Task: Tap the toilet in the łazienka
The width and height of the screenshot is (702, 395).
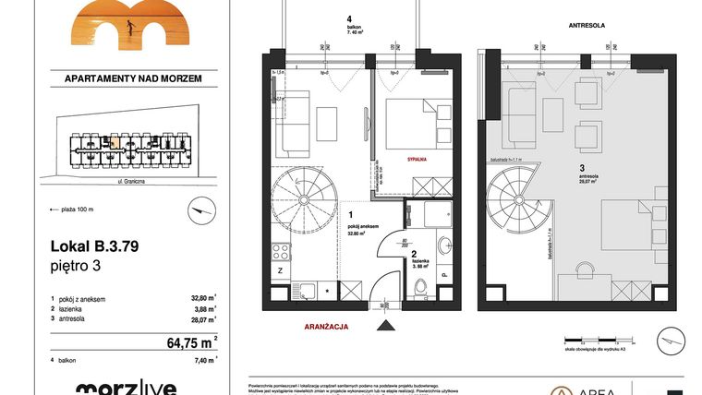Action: click(x=420, y=289)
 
